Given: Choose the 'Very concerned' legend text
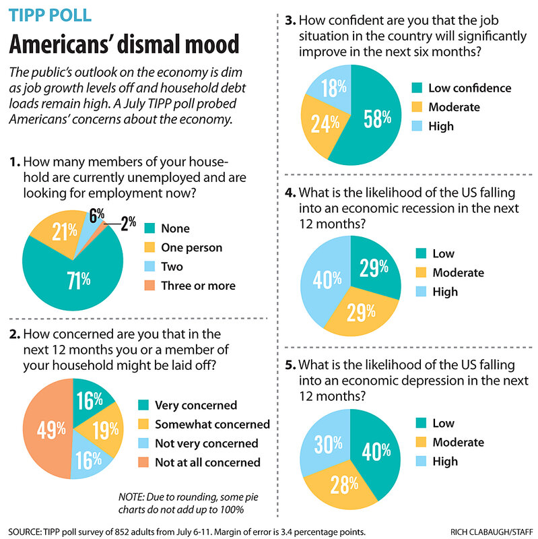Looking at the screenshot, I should [x=196, y=405].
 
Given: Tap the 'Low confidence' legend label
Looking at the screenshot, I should [x=461, y=88].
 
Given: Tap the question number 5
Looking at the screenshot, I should [x=290, y=365].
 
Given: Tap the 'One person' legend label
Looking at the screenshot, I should [x=191, y=248].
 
